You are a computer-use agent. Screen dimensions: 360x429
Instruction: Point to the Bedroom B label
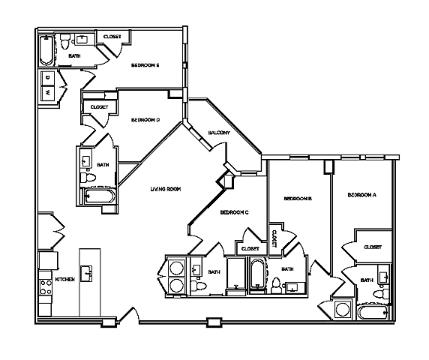[297, 199]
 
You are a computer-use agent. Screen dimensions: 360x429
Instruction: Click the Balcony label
[218, 133]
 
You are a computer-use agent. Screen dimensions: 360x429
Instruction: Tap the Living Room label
[166, 189]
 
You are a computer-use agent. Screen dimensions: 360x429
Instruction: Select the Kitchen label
[64, 280]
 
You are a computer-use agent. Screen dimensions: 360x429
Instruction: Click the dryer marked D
[47, 76]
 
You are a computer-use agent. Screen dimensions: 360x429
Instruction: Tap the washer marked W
[47, 93]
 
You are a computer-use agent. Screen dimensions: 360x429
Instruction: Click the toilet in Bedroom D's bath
[88, 180]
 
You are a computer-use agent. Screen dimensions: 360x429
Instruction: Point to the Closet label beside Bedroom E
[112, 37]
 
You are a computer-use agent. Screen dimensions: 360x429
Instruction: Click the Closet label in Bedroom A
[372, 247]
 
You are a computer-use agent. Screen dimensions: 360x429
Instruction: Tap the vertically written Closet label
[274, 238]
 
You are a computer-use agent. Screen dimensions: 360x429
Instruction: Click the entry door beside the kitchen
[125, 316]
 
